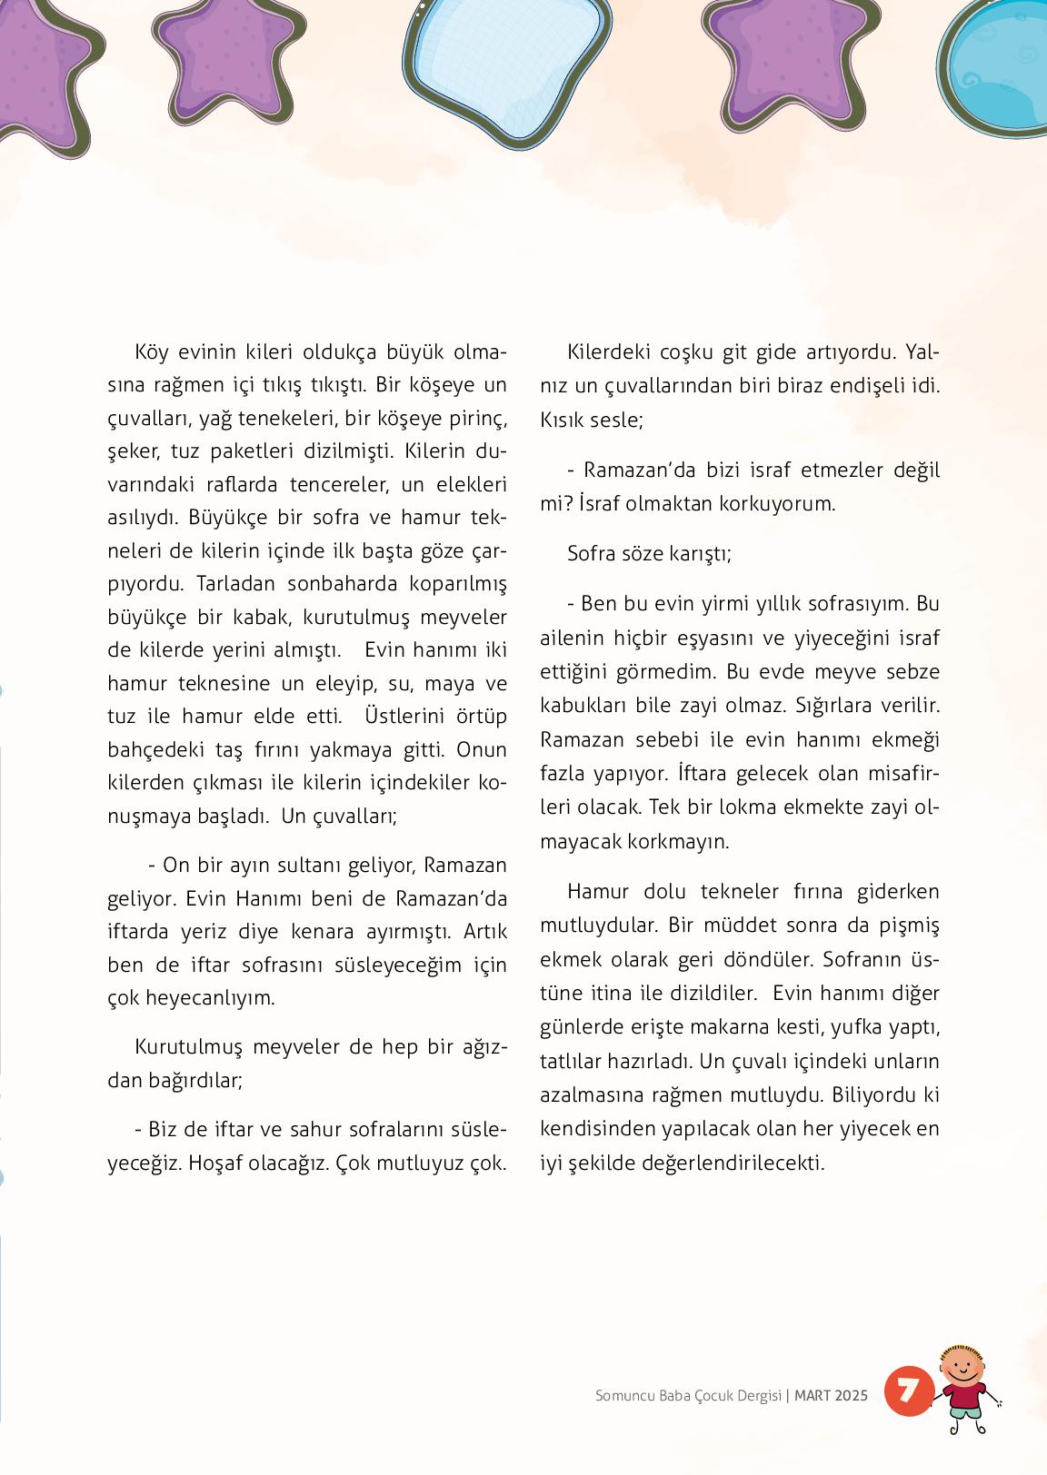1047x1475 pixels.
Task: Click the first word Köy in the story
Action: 151,351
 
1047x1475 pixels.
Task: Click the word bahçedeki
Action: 149,749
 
